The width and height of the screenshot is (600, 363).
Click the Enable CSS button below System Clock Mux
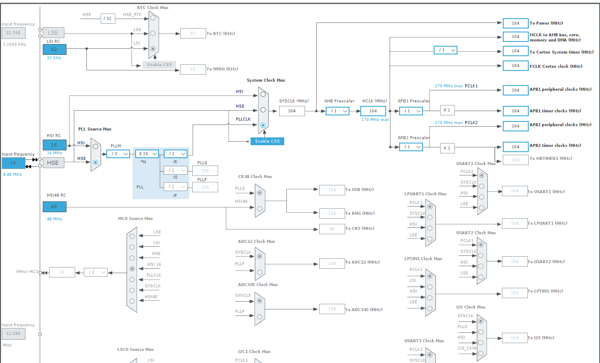coord(267,141)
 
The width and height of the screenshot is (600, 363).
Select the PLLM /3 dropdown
coord(118,153)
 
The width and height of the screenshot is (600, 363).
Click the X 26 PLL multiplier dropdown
coord(147,153)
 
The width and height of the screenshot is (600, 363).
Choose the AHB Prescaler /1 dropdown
coord(337,111)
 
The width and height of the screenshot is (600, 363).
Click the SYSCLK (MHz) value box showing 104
coord(292,111)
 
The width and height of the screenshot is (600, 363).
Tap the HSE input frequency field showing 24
coord(13,163)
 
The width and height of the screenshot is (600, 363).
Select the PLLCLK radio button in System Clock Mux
coord(263,125)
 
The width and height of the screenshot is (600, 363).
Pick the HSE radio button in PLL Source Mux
coord(95,162)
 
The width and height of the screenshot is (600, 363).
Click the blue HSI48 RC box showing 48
coord(54,207)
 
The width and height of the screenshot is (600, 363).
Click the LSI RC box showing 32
coord(54,49)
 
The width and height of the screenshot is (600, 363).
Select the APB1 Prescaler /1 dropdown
coord(411,111)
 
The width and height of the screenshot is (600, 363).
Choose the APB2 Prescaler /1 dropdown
coord(411,147)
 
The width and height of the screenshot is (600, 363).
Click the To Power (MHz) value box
coord(515,23)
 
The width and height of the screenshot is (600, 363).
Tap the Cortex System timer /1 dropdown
coord(445,50)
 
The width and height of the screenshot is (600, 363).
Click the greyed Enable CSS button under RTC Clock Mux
coord(159,65)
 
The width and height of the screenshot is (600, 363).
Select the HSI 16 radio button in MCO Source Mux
coord(132,269)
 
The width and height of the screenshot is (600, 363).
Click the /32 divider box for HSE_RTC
coord(108,18)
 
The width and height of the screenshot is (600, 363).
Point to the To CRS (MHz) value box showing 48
coord(332,229)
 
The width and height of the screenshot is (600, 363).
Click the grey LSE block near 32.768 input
coord(53,33)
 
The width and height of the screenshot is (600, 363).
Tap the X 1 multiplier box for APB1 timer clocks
coord(447,110)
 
